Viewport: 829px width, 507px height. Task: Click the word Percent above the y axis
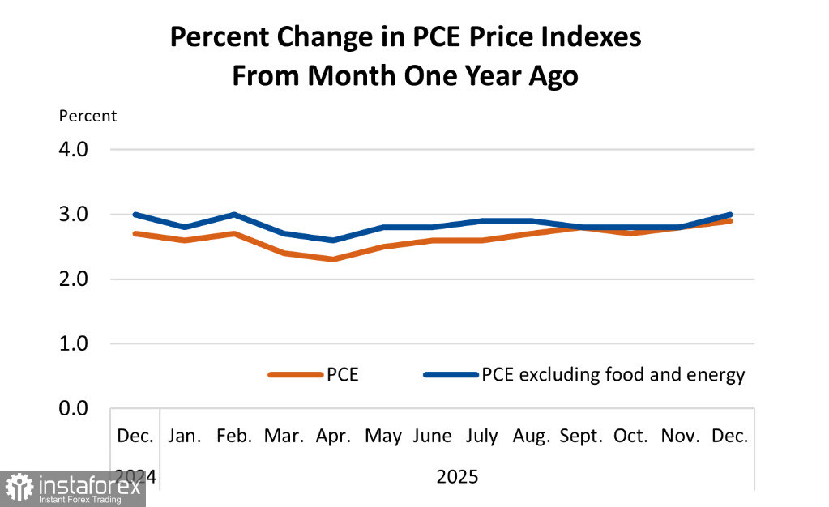[x=88, y=116]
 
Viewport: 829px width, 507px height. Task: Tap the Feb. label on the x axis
[x=234, y=436]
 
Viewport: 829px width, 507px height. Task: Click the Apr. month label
[x=333, y=436]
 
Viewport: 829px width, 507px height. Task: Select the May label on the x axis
[x=383, y=436]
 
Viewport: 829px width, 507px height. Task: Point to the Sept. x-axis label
[x=581, y=436]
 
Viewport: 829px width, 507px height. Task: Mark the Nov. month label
[x=681, y=436]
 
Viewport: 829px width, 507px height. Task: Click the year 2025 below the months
[x=457, y=476]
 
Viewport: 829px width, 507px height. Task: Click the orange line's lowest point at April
[x=333, y=259]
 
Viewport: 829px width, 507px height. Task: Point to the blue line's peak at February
[x=234, y=215]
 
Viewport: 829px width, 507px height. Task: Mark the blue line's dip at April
[x=333, y=241]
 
